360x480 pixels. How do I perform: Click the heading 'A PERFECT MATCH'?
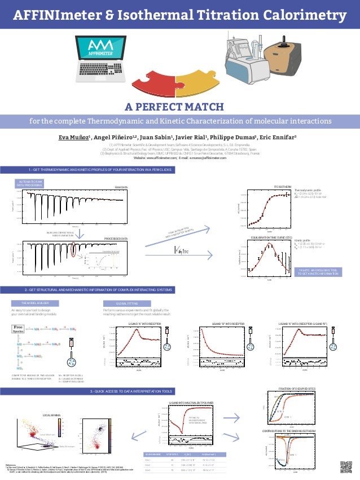tap(179, 107)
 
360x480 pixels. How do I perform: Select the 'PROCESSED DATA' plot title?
tap(117, 239)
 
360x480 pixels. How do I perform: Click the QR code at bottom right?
tap(346, 466)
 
